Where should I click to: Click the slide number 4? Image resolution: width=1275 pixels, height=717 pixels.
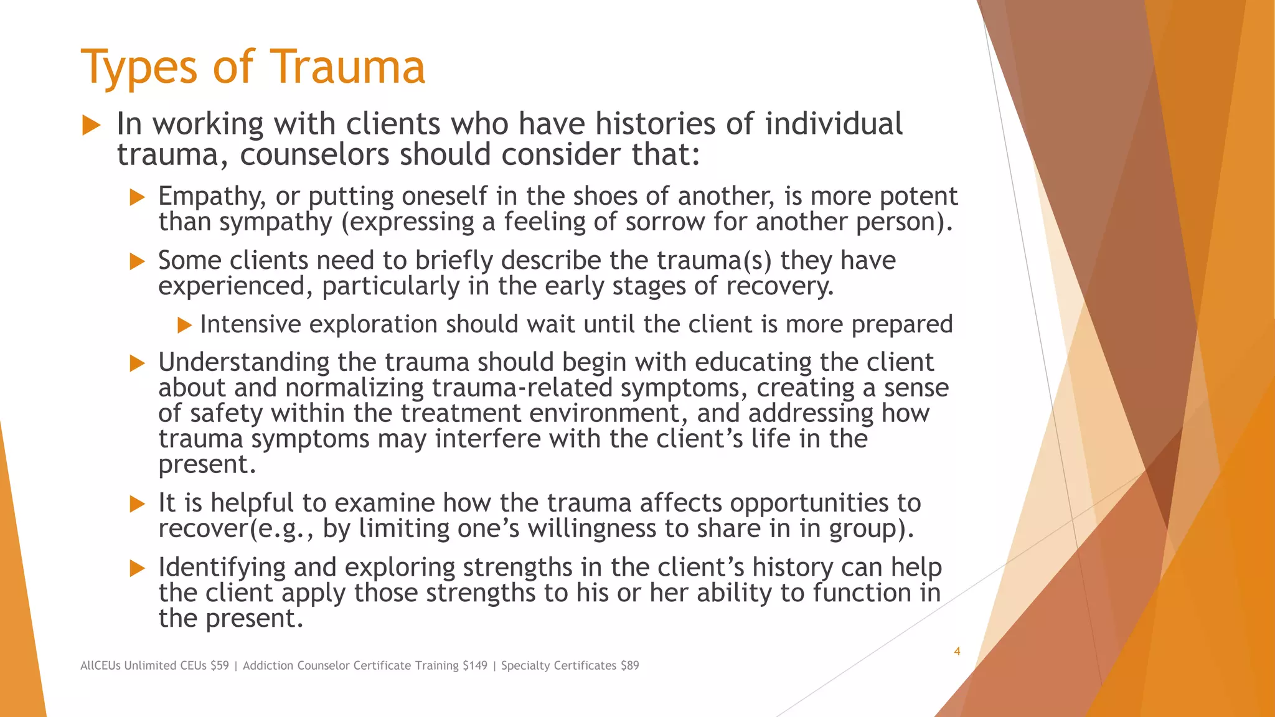coord(957,652)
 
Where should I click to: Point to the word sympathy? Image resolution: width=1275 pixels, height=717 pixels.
coord(275,223)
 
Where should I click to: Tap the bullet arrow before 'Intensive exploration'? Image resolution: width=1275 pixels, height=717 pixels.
coord(184,325)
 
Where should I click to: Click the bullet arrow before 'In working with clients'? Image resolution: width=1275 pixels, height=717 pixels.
coord(92,125)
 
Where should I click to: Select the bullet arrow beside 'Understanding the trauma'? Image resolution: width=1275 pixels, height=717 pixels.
coord(137,363)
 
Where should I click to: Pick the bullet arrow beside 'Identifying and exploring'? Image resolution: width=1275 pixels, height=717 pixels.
coord(137,568)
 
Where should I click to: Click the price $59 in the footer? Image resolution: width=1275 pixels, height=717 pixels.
coord(219,665)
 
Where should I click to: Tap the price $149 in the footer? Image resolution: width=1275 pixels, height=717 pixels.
coord(475,665)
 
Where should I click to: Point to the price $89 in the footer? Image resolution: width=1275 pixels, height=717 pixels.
coord(629,665)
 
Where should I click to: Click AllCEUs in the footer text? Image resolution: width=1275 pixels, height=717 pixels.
coord(101,665)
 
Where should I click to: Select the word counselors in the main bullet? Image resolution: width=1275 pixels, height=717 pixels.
coord(316,154)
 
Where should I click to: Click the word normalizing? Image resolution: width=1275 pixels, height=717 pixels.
coord(354,388)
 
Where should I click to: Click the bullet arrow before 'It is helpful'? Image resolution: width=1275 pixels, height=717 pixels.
coord(137,504)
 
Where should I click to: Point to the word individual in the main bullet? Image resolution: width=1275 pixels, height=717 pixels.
coord(833,124)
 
